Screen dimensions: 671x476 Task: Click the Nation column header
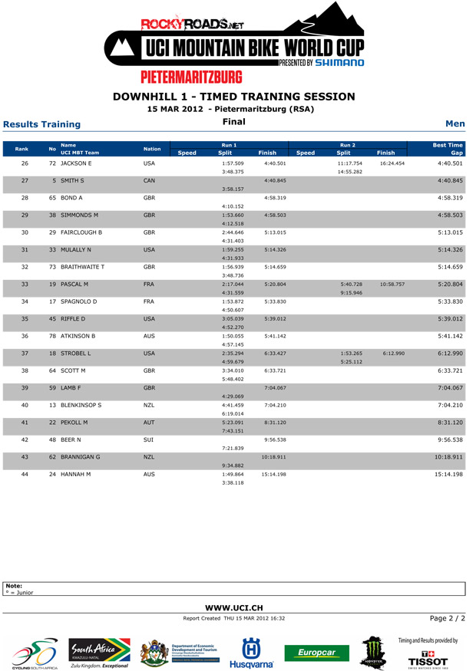(154, 147)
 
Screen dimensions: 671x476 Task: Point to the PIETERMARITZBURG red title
(190, 77)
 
